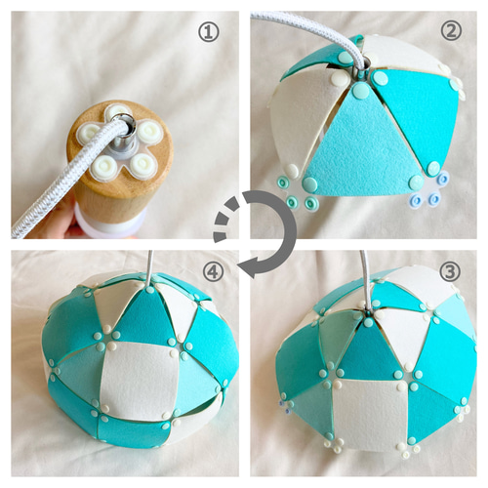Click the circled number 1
[x=209, y=32]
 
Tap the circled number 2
[x=451, y=30]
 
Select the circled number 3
[x=450, y=271]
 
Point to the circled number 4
[x=214, y=271]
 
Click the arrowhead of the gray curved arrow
[x=250, y=265]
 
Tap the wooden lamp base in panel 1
[x=120, y=163]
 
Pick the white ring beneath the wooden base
[x=109, y=224]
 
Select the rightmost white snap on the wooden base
[x=150, y=132]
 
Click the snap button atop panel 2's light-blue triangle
[x=359, y=90]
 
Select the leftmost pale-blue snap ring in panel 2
[x=417, y=199]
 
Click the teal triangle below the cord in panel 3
[x=369, y=349]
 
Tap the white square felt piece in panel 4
[x=140, y=380]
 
